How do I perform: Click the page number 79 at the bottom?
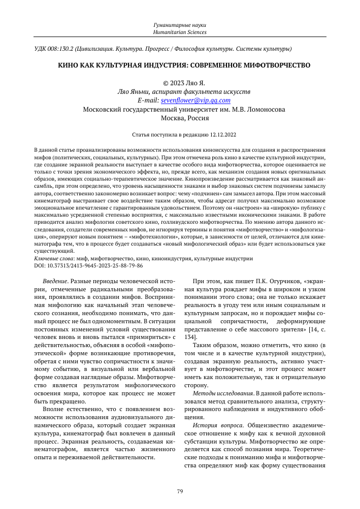click(180, 491)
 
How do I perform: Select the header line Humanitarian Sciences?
click(180, 32)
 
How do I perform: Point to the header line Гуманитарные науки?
click(180, 25)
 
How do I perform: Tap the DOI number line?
click(88, 265)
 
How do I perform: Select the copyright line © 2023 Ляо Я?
click(180, 83)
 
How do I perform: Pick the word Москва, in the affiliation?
click(173, 118)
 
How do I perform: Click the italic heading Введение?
click(56, 281)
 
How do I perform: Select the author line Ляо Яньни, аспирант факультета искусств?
click(180, 92)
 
